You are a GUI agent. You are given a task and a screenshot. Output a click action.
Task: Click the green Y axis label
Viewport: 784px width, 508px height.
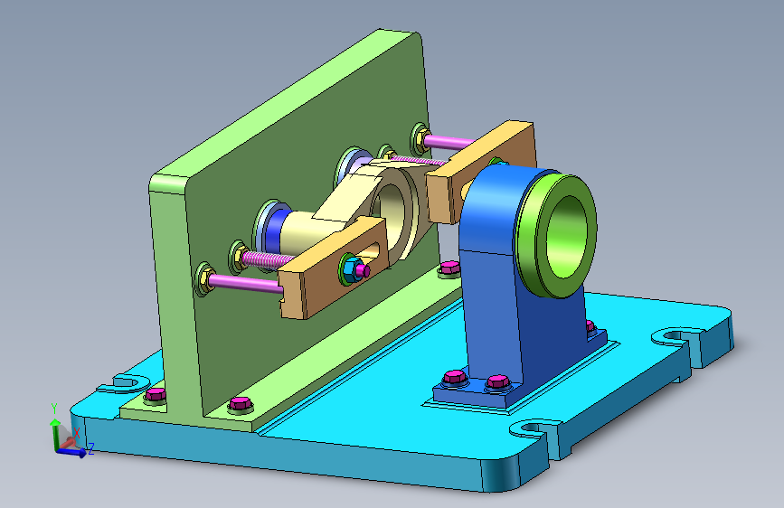pyautogui.click(x=54, y=409)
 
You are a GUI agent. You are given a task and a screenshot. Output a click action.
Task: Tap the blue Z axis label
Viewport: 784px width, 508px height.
pyautogui.click(x=91, y=448)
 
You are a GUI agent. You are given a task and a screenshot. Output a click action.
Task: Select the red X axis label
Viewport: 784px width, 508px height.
pyautogui.click(x=77, y=433)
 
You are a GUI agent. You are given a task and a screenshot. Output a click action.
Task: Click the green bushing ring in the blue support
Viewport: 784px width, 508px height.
pyautogui.click(x=556, y=234)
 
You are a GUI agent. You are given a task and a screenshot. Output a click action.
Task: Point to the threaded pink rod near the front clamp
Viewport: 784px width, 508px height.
pyautogui.click(x=268, y=259)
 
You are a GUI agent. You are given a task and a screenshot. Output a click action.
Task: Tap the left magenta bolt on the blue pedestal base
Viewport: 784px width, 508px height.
pyautogui.click(x=455, y=377)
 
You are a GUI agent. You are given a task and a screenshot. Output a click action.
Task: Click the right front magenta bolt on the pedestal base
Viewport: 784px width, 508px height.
pyautogui.click(x=498, y=382)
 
